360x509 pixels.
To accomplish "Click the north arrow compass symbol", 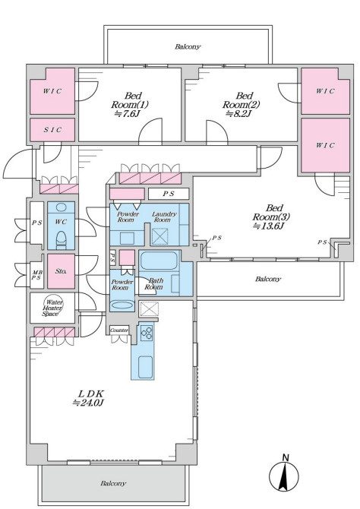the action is point(284,476).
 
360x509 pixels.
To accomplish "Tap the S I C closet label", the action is point(52,130).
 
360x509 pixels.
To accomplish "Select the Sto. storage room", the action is point(61,271).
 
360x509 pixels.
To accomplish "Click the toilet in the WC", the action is point(61,239).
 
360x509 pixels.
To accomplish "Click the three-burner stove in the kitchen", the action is point(147,333).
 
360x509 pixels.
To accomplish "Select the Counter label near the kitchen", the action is point(119,330).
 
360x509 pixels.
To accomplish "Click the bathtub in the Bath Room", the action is point(159,261).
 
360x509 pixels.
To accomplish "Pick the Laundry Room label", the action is point(164,217).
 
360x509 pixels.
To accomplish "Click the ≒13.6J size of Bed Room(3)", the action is point(268,226).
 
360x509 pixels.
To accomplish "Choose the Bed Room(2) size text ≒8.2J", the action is point(238,114).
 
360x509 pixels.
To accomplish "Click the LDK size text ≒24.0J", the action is point(88,403).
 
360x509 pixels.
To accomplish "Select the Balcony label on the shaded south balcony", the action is point(112,483).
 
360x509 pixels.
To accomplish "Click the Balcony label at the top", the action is point(188,47).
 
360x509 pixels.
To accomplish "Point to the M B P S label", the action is point(36,275).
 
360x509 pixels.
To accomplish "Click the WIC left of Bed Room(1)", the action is point(52,91).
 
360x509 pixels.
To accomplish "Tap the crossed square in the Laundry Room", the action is point(160,236).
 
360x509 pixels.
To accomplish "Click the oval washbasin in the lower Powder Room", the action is point(122,305).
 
